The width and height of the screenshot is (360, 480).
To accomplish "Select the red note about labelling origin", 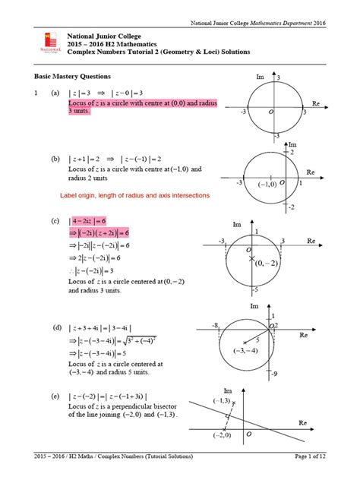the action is coord(135,195).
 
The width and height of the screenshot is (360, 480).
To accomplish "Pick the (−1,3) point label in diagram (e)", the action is coord(223,400).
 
